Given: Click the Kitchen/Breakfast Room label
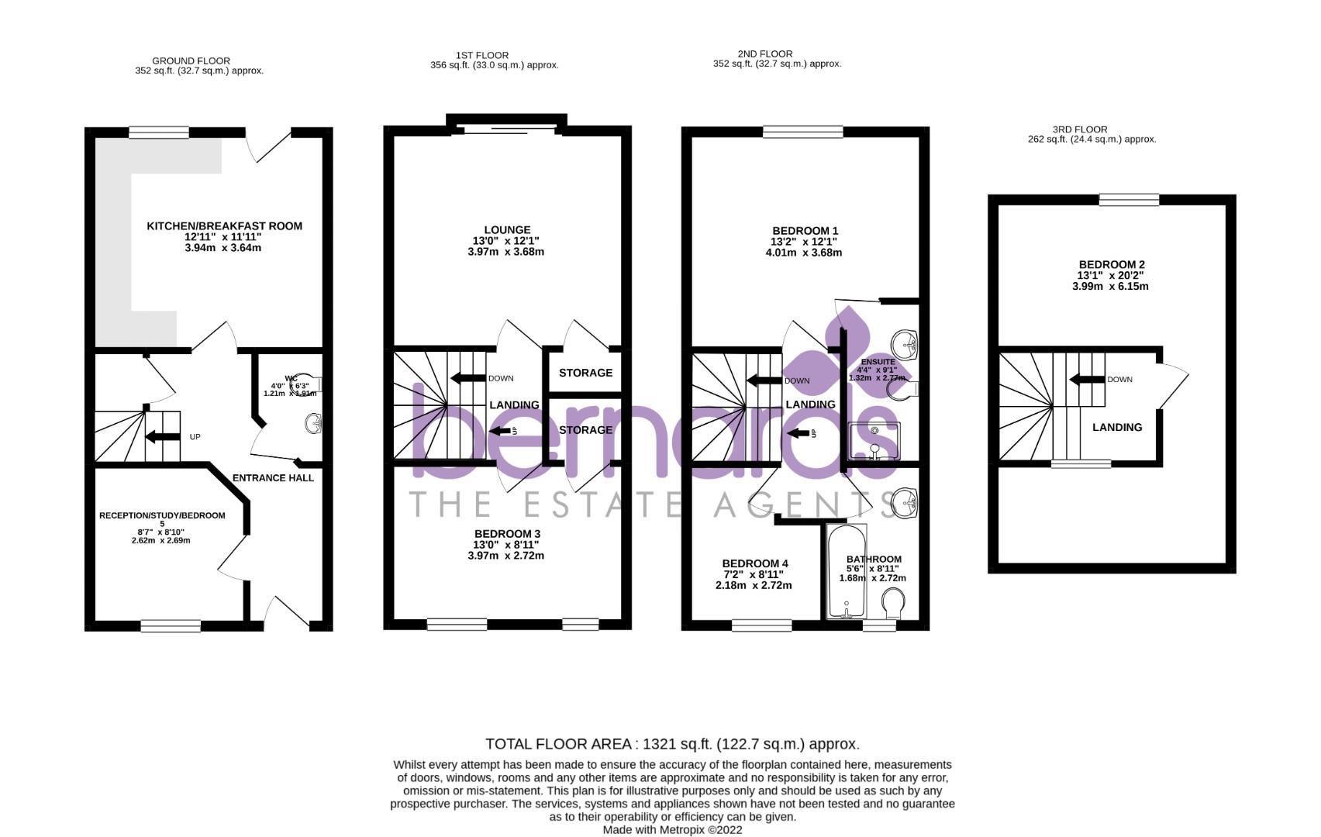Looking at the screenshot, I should point(224,226).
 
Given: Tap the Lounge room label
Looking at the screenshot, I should point(507,230).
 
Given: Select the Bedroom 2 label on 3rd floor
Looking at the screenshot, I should point(1110,265).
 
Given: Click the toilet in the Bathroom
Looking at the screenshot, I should point(893,602).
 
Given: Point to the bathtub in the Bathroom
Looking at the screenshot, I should point(847,572).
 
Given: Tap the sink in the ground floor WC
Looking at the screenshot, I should point(313,424).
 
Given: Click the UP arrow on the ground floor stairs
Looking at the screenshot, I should point(162,437).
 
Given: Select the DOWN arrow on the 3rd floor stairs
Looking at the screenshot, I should point(1085,380).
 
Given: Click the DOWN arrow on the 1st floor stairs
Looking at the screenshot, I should point(467,378).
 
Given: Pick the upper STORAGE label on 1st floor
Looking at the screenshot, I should point(585,373).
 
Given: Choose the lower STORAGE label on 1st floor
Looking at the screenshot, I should point(585,430).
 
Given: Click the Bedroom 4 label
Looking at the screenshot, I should point(754,564).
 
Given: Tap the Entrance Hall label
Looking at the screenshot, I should point(273,478).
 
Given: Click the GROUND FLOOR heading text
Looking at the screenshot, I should point(191,60).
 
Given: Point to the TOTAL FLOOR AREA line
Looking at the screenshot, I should point(671,744).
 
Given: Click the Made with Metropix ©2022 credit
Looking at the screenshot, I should point(672,829).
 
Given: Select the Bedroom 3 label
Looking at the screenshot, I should point(507,534).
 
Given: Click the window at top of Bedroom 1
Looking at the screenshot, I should point(802,133).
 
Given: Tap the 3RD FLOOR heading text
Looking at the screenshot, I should point(1079,129).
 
